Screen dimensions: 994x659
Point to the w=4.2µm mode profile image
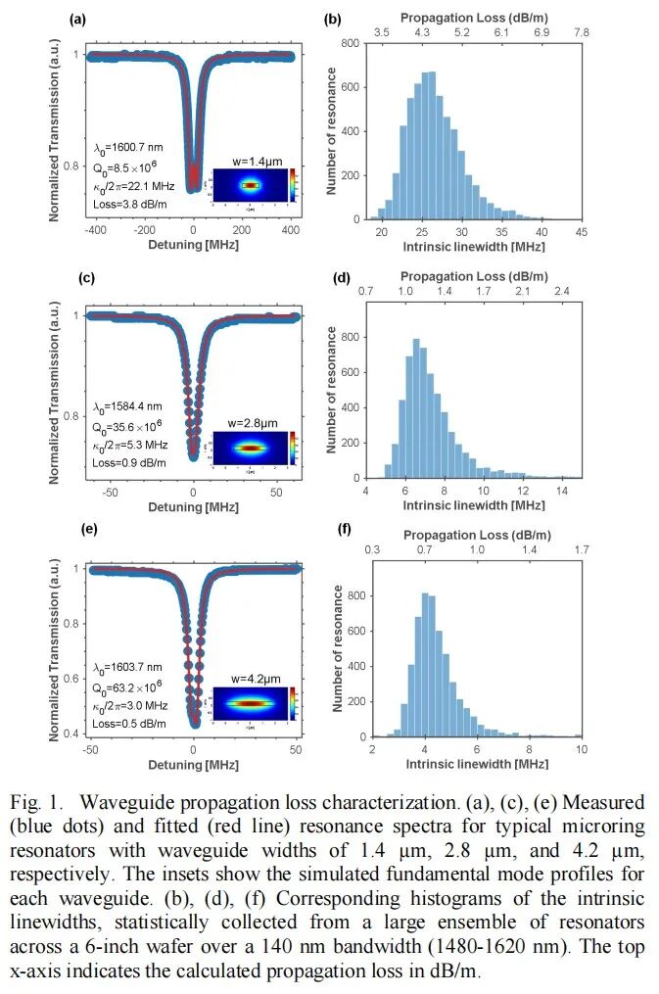pos(251,702)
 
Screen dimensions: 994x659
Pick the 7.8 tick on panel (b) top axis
pos(581,32)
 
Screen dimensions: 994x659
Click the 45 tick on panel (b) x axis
pos(581,232)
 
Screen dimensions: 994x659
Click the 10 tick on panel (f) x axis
pos(581,750)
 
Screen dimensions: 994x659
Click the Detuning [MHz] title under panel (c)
pos(193,507)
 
